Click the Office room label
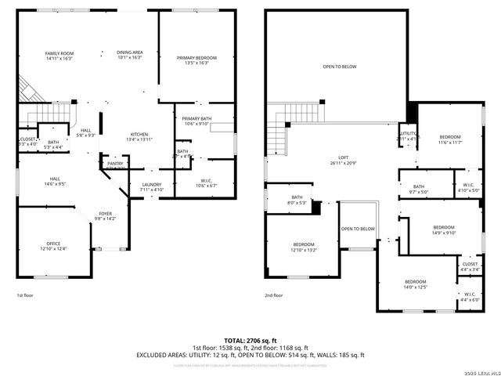53,246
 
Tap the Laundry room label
152,186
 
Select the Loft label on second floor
337,160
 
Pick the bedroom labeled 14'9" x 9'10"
444,230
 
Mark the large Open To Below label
340,67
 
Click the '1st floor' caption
26,295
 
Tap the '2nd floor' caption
274,295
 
